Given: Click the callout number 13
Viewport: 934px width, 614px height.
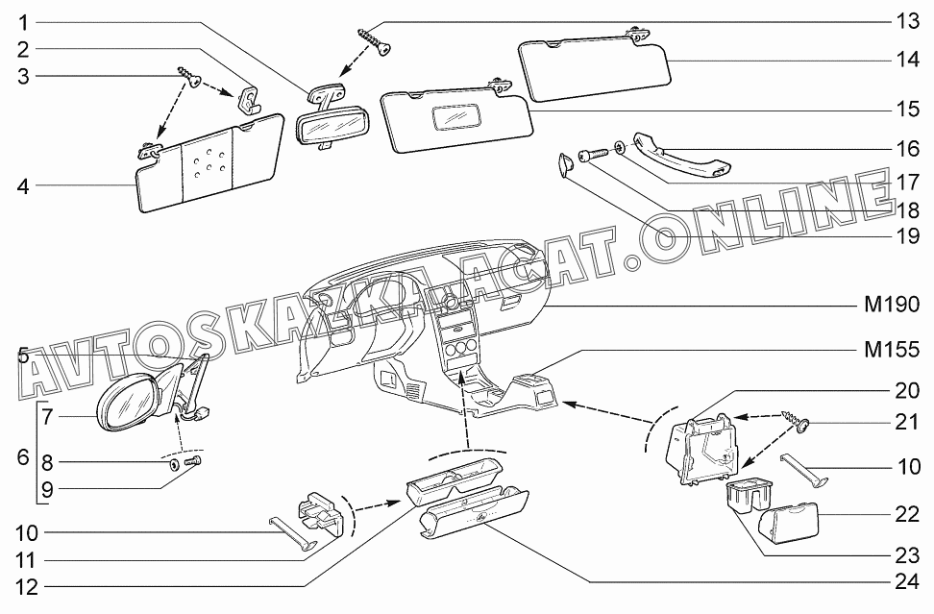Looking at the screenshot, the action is tap(907, 22).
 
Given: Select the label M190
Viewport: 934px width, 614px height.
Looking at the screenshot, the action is tap(892, 305).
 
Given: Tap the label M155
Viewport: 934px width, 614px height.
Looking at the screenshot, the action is tap(892, 350).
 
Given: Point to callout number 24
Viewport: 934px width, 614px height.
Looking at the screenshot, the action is tap(907, 581).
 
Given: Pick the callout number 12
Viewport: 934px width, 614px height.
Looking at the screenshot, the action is tap(26, 587).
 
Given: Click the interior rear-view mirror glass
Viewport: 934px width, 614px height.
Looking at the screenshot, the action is tap(332, 126).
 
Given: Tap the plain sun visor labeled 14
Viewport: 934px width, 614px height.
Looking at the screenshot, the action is tap(596, 68).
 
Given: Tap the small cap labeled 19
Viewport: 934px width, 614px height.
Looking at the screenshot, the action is tap(564, 162).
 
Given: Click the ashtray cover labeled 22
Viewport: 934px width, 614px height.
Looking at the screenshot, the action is tap(788, 519).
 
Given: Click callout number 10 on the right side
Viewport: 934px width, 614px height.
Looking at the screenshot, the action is tap(908, 466).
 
